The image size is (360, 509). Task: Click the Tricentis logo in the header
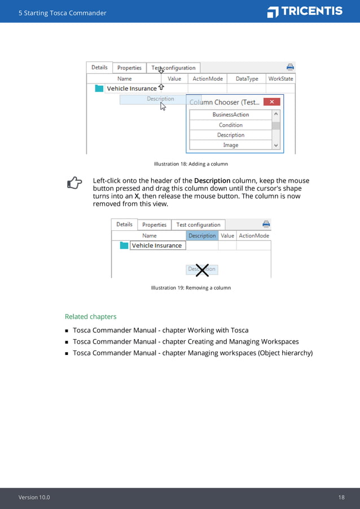pyautogui.click(x=305, y=11)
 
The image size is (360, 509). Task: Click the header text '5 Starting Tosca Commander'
pyautogui.click(x=62, y=13)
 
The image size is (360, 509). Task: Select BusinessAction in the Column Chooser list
pyautogui.click(x=230, y=115)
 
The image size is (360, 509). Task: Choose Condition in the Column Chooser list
pyautogui.click(x=230, y=125)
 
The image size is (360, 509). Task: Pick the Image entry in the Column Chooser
pyautogui.click(x=230, y=145)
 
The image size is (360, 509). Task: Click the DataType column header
pyautogui.click(x=247, y=79)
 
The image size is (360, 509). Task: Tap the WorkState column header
pyautogui.click(x=280, y=79)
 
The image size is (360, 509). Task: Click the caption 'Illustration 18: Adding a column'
pyautogui.click(x=191, y=164)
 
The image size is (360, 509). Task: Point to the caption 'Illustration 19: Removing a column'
pyautogui.click(x=191, y=288)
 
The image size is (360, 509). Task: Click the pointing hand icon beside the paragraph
pyautogui.click(x=74, y=182)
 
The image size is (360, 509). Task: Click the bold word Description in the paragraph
pyautogui.click(x=212, y=181)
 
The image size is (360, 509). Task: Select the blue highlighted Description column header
pyautogui.click(x=202, y=235)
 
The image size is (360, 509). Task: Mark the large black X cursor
pyautogui.click(x=202, y=270)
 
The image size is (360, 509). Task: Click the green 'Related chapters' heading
pyautogui.click(x=90, y=317)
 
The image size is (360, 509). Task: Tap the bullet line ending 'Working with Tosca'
pyautogui.click(x=160, y=330)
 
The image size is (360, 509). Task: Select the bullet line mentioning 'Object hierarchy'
pyautogui.click(x=192, y=353)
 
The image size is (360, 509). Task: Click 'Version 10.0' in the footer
pyautogui.click(x=34, y=497)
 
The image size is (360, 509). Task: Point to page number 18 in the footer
pyautogui.click(x=341, y=497)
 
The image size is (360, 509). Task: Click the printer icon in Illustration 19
pyautogui.click(x=266, y=224)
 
